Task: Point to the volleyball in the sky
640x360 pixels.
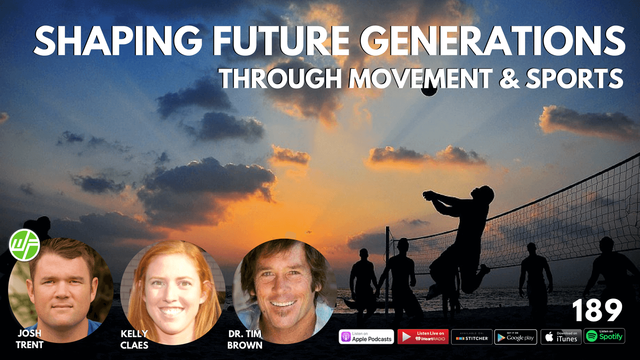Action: pyautogui.click(x=428, y=90)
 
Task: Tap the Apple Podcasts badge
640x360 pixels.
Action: pyautogui.click(x=366, y=336)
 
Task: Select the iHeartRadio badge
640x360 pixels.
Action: pyautogui.click(x=422, y=336)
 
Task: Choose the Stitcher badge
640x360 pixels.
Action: pyautogui.click(x=471, y=336)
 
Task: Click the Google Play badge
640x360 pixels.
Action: pyautogui.click(x=515, y=336)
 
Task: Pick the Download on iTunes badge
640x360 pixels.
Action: pyautogui.click(x=560, y=336)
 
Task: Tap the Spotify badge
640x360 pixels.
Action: pyautogui.click(x=604, y=336)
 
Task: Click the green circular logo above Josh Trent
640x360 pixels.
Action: pyautogui.click(x=24, y=244)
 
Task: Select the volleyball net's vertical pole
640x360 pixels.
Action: pyautogui.click(x=387, y=270)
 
